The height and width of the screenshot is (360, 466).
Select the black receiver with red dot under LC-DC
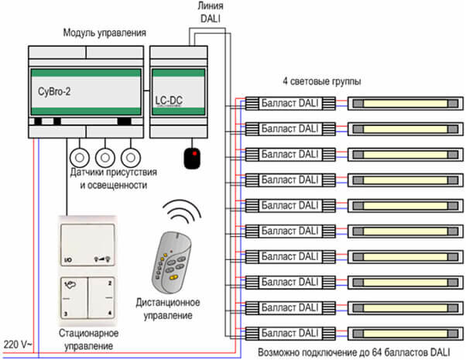coord(191,158)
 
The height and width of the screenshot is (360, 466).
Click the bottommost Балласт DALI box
coord(290,334)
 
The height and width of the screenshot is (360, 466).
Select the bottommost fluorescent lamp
coord(400,334)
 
